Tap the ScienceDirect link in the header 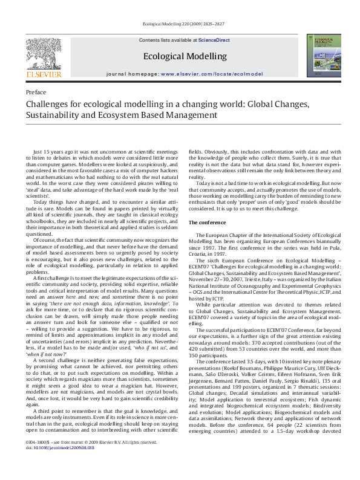pos(214,39)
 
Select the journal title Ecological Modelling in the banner pos(185,56)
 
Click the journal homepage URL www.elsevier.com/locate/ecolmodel pos(212,74)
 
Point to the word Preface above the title pos(36,92)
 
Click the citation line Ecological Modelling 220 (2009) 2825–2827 pos(180,26)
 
